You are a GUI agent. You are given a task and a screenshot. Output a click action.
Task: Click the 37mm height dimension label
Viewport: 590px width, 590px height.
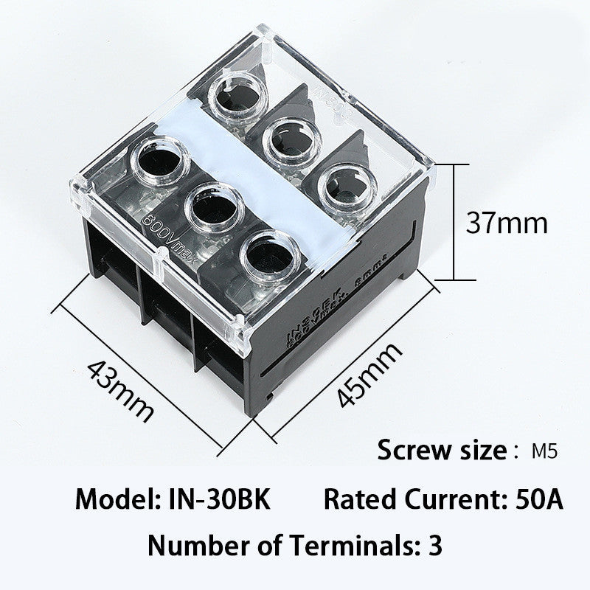pyautogui.click(x=507, y=221)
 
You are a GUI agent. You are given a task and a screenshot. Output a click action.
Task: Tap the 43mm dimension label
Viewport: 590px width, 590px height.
pyautogui.click(x=121, y=389)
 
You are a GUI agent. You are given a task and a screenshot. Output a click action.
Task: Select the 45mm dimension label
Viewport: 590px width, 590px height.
pyautogui.click(x=369, y=375)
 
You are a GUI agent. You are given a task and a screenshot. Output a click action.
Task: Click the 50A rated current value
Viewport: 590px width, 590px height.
pyautogui.click(x=537, y=500)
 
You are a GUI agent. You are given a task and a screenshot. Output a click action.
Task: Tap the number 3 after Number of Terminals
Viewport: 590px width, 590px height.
pyautogui.click(x=434, y=546)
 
